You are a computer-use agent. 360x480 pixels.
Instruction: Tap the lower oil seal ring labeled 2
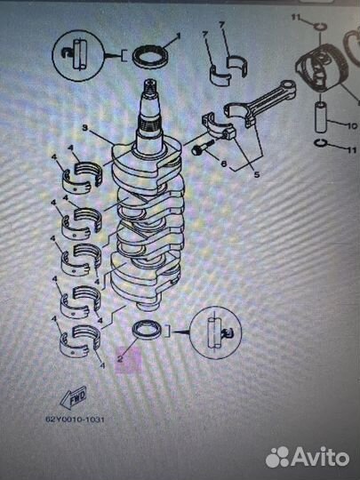pyautogui.click(x=148, y=330)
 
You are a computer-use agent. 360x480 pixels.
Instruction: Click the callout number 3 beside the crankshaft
pyautogui.click(x=85, y=128)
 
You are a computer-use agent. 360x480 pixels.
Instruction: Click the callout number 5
pyautogui.click(x=257, y=174)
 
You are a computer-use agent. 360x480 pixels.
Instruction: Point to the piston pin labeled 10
pyautogui.click(x=321, y=117)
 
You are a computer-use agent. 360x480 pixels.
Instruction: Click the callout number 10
pyautogui.click(x=352, y=125)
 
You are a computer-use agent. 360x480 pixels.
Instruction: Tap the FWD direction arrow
pyautogui.click(x=74, y=397)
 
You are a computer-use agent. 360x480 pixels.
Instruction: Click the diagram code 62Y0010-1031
pyautogui.click(x=75, y=419)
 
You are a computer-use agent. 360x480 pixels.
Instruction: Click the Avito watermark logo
pyautogui.click(x=307, y=457)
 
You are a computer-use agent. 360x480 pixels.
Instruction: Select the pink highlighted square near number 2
pyautogui.click(x=128, y=360)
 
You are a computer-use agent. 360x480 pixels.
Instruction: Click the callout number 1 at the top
pyautogui.click(x=179, y=36)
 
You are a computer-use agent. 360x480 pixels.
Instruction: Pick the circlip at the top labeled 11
pyautogui.click(x=320, y=27)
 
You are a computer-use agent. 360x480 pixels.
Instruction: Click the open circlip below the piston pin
pyautogui.click(x=321, y=143)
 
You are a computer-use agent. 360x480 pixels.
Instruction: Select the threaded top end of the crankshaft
pyautogui.click(x=150, y=89)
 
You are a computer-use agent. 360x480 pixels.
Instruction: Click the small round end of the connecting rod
pyautogui.click(x=288, y=86)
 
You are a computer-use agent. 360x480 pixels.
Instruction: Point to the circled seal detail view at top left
pyautogui.click(x=78, y=55)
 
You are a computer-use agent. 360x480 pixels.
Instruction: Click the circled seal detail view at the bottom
pyautogui.click(x=215, y=332)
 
